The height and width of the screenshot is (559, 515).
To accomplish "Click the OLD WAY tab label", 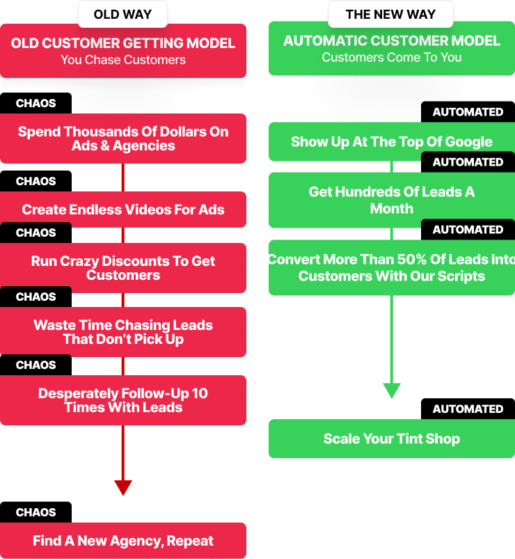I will tap(123, 14).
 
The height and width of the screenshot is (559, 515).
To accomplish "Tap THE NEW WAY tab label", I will tap(391, 14).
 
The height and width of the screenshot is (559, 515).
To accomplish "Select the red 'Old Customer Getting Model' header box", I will tap(123, 51).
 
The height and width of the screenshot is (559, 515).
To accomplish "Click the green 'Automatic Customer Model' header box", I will tap(391, 49).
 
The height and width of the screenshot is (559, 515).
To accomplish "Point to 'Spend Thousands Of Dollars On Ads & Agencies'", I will tap(123, 139).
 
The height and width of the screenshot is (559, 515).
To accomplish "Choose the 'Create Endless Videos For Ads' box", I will tap(123, 210).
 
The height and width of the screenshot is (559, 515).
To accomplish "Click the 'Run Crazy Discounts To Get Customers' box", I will tap(123, 268).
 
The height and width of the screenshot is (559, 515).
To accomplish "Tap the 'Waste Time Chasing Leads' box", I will tap(123, 332).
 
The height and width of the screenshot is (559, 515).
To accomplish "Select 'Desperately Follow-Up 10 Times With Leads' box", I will tap(123, 400).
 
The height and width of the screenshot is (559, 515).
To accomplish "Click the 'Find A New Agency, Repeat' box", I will tap(123, 541).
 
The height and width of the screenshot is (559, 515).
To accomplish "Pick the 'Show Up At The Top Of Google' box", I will tap(391, 142).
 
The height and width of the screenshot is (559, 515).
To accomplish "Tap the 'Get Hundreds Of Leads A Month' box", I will tap(391, 200).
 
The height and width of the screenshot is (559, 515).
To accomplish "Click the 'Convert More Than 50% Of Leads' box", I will tap(391, 268).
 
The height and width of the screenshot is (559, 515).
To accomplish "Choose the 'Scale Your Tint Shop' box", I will tap(391, 439).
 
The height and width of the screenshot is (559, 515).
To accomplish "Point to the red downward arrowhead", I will tap(123, 487).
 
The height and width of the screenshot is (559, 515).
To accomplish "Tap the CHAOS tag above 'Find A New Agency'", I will tap(35, 512).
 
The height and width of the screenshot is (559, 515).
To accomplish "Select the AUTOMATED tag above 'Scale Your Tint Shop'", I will tap(468, 409).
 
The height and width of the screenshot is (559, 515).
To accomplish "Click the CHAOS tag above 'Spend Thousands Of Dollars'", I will tap(35, 103).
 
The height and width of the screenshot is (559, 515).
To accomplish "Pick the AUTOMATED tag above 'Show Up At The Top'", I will tap(468, 112).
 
